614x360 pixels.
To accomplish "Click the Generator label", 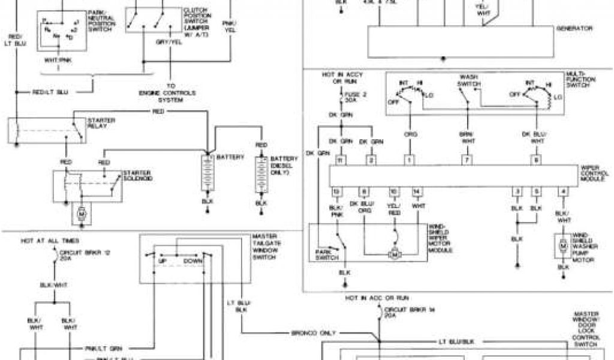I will [574, 28].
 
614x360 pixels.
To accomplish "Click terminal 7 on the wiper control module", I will [465, 160].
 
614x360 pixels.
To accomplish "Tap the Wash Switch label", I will [468, 80].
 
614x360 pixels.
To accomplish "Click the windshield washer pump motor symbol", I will [563, 245].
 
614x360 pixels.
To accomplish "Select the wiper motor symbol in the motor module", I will [396, 254].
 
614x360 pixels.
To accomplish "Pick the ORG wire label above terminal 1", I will [410, 134].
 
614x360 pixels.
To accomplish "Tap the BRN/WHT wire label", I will [466, 137].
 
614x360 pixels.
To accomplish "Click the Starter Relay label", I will [101, 123].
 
